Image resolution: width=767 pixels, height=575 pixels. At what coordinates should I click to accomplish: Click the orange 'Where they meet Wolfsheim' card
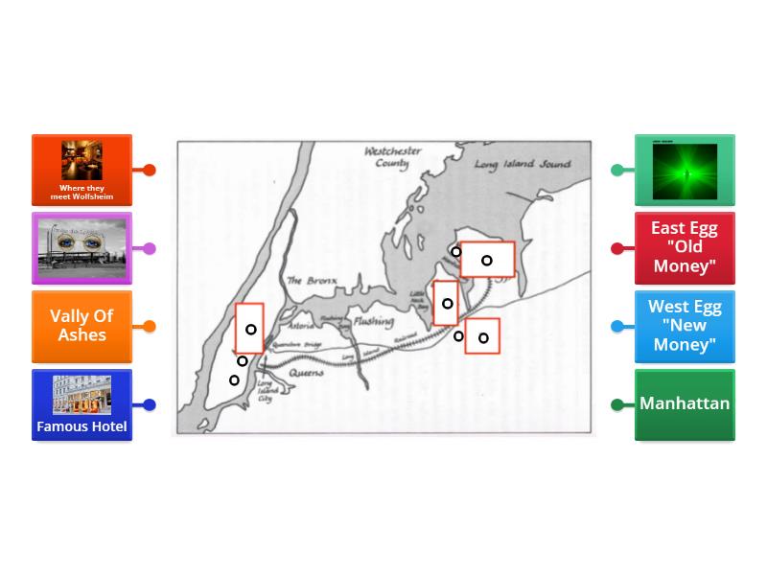(81, 170)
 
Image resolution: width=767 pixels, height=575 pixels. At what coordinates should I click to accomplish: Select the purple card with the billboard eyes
(81, 248)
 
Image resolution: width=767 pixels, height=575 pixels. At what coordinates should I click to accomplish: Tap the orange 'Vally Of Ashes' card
(81, 326)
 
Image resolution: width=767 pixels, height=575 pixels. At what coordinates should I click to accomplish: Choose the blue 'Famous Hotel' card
(81, 404)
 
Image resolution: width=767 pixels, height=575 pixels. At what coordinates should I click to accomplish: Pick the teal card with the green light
(685, 171)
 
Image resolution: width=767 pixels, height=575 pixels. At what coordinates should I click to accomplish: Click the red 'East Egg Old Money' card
(685, 248)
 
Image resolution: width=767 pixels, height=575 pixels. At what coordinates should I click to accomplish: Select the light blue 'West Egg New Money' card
(685, 326)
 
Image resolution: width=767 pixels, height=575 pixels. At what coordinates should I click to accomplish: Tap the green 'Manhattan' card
(685, 403)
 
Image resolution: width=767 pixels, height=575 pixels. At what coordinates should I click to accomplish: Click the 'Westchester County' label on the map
(392, 157)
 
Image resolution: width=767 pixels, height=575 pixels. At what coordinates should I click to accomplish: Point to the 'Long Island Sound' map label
(522, 165)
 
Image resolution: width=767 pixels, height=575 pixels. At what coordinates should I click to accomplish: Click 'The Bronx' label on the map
(308, 281)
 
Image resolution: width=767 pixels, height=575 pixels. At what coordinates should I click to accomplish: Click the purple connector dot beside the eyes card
(150, 248)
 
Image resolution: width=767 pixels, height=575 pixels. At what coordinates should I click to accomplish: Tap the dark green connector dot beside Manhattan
(617, 404)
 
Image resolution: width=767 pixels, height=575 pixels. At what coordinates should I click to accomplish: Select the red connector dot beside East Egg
(617, 248)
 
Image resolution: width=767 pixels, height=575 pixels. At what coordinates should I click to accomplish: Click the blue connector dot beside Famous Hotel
(150, 404)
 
